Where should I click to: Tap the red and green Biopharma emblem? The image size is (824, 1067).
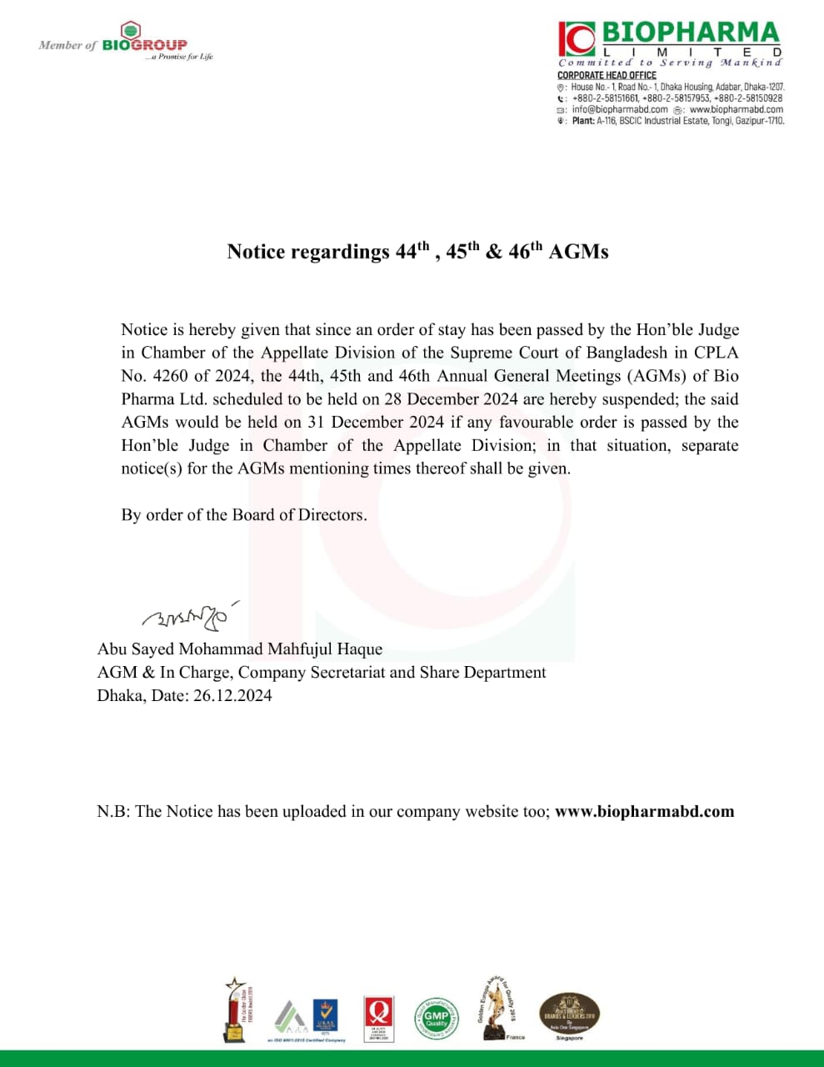[577, 38]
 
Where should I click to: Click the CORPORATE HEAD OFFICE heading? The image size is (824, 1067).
[607, 75]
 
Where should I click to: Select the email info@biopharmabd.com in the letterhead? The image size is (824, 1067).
[620, 109]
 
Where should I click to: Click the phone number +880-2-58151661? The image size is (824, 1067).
[605, 98]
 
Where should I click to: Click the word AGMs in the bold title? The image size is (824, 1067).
[578, 252]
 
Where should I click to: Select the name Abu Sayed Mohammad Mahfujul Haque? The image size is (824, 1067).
[240, 649]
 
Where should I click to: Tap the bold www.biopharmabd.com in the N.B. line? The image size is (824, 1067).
[644, 811]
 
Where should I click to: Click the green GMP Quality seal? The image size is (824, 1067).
[436, 1018]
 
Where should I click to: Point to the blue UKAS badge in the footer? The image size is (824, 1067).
[323, 1017]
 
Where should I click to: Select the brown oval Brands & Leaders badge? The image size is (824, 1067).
[569, 1014]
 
